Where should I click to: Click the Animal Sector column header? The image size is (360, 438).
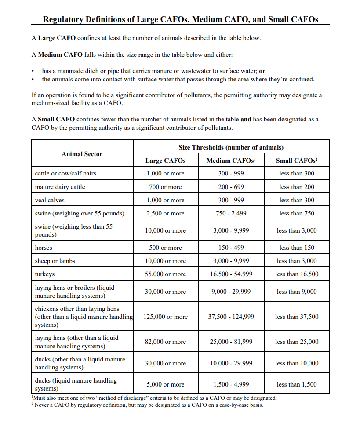82,154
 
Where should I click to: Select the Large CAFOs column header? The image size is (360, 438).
165,161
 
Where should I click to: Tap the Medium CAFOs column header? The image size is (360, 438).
231,161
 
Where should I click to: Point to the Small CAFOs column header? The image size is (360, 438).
297,161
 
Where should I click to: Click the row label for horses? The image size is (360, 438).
44,248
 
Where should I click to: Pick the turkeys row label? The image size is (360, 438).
45,274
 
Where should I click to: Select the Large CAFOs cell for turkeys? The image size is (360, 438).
165,274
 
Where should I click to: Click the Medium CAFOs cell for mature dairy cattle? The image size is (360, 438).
231,187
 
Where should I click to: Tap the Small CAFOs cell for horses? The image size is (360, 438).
297,248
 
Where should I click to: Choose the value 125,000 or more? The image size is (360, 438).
165,317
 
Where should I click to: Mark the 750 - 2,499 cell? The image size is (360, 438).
231,213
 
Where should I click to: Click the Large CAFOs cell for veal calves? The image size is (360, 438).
165,200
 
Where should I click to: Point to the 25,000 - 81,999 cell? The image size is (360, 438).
231,342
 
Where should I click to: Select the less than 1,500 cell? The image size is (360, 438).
297,384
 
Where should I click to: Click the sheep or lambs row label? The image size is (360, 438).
55,261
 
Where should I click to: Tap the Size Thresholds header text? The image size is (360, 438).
231,147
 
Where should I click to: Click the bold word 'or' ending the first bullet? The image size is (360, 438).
262,71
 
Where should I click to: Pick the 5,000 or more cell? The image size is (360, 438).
165,384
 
